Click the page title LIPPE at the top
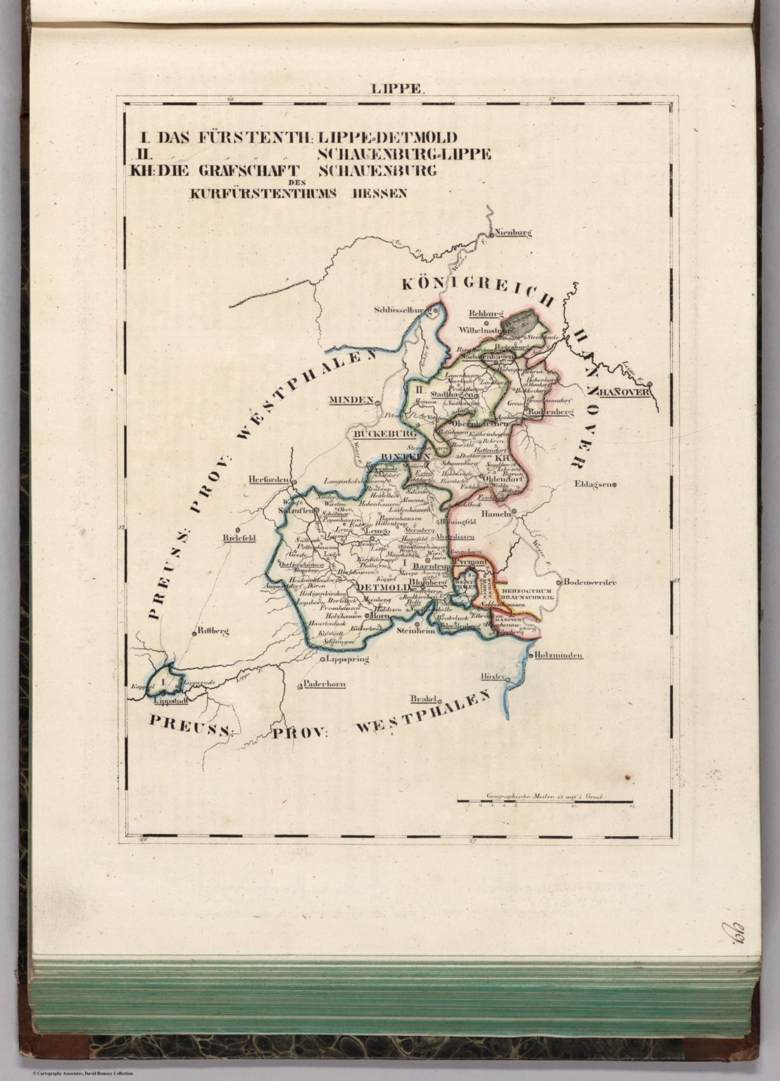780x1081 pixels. (398, 89)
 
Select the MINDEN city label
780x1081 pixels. (350, 400)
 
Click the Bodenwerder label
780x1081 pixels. (590, 583)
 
